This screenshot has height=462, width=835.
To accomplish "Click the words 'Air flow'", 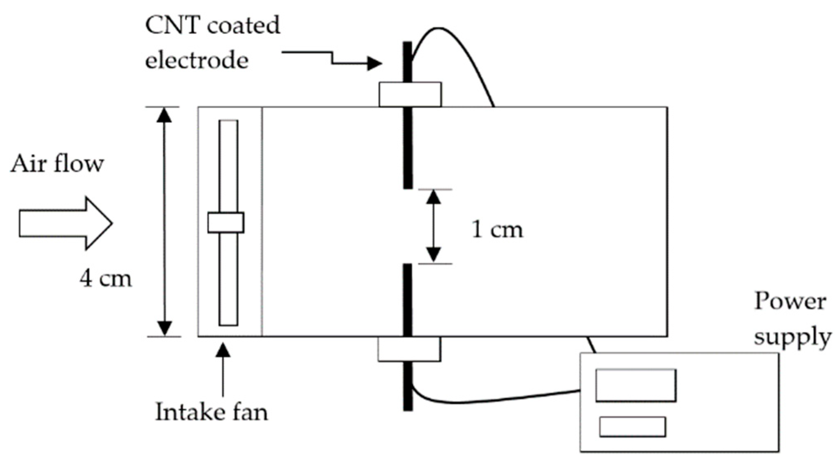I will [57, 164].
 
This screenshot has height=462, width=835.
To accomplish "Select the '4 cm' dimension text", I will [106, 279].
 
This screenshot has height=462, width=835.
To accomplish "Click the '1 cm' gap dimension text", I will [497, 229].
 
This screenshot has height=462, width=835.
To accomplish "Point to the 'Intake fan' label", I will [211, 412].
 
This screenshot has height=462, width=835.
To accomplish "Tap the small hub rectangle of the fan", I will [225, 223].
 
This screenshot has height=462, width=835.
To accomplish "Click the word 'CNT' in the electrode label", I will [172, 26].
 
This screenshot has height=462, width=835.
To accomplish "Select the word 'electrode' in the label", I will [197, 61].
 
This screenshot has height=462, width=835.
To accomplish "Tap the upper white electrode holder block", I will [410, 94].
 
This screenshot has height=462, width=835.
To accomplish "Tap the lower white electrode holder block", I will [409, 349].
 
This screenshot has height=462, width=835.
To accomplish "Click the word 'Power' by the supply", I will [790, 302].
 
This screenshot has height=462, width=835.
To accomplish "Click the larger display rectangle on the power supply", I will [636, 385].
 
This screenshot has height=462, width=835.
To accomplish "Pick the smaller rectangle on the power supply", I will [632, 427].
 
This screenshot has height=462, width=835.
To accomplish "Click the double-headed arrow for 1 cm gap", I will [434, 226].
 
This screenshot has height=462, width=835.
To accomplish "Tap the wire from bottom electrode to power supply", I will [494, 400].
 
